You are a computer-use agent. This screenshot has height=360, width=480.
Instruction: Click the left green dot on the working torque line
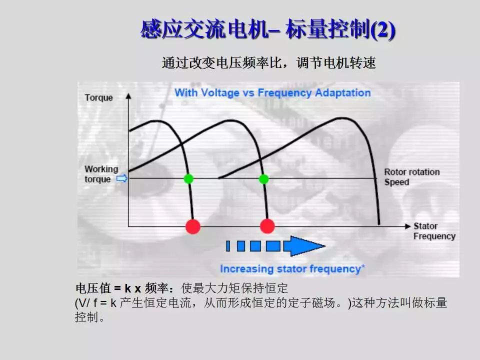(x=188, y=178)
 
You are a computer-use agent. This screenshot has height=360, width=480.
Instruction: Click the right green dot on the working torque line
(x=263, y=178)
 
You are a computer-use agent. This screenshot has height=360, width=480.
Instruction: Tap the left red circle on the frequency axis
(x=193, y=226)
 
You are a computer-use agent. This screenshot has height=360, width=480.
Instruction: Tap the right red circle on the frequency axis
(x=267, y=226)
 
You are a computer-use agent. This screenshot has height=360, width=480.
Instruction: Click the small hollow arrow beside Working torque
(x=120, y=178)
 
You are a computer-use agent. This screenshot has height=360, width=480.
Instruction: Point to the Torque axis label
(x=98, y=97)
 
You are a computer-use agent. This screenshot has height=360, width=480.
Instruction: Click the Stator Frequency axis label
(x=434, y=231)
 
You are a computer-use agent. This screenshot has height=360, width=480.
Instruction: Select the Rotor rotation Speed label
(x=411, y=177)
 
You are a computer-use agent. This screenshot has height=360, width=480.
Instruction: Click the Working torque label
(x=100, y=174)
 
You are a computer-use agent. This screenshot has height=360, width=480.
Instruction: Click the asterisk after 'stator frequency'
(x=363, y=267)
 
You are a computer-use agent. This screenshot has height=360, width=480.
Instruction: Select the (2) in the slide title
(x=383, y=30)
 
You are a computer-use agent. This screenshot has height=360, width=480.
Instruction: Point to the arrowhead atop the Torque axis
(x=129, y=97)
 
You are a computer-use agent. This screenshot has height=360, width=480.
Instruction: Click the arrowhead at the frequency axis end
(x=407, y=226)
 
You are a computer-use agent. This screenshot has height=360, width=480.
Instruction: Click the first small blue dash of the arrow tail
(x=228, y=246)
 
